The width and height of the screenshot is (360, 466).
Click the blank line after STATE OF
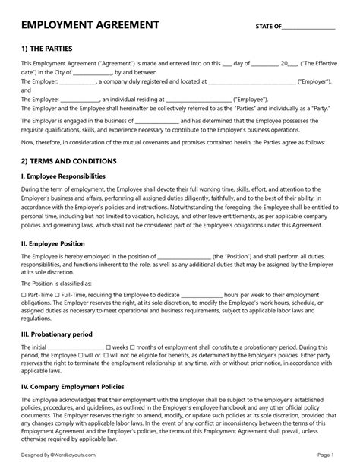pyautogui.click(x=308, y=27)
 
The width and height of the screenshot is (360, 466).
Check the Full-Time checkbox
pyautogui.click(x=58, y=293)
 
